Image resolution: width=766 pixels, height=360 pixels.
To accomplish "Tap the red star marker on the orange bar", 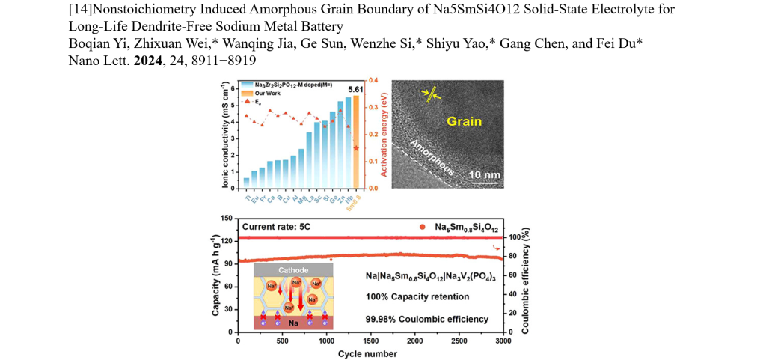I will [356, 149].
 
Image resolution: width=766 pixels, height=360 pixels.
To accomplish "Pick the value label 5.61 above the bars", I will [355, 89].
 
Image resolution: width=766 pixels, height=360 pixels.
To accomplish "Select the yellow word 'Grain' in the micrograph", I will [464, 120].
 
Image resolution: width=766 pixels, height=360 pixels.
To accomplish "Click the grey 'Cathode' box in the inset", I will [293, 272].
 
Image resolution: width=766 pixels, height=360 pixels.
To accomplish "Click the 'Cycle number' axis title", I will [367, 353].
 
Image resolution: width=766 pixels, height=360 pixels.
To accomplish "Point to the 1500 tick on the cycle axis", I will [370, 343].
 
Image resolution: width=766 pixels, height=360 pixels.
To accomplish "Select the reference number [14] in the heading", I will [79, 10].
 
